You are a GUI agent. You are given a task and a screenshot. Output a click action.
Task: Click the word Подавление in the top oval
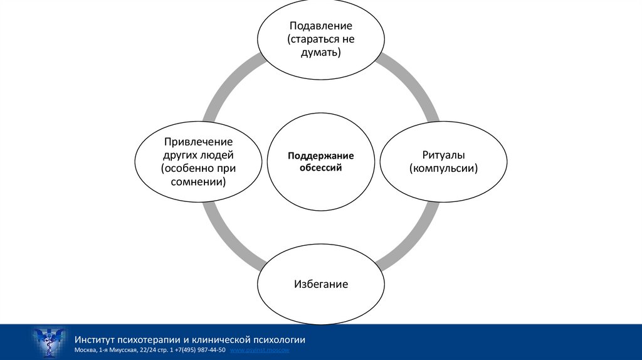pos(320,26)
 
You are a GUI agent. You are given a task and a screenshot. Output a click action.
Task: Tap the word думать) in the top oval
pos(320,53)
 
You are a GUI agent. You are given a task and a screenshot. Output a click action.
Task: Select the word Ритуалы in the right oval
pos(443,155)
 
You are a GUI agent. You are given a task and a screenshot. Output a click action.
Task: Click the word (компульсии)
pos(443,169)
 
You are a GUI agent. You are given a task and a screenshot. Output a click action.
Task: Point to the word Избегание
pos(320,284)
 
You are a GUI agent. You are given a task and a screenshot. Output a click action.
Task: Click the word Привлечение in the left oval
pos(198,142)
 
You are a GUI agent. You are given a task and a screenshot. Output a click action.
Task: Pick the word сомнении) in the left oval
pos(198,182)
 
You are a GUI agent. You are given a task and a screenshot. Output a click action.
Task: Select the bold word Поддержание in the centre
pos(321,156)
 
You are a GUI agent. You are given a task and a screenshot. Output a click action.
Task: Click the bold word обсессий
pos(321,167)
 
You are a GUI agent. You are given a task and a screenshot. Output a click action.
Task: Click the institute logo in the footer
pos(48,342)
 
